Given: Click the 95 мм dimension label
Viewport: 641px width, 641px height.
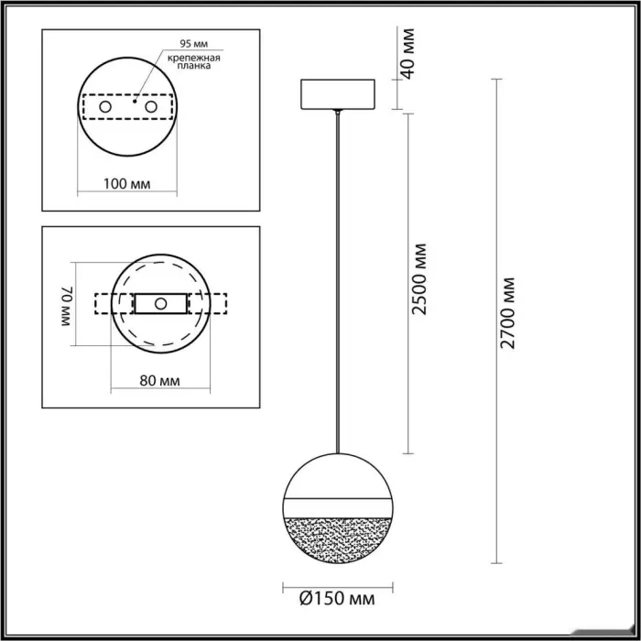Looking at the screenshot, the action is click(194, 44).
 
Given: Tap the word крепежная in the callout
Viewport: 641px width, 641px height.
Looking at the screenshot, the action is click(194, 58).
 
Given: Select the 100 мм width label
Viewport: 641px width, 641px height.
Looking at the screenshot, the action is click(126, 184).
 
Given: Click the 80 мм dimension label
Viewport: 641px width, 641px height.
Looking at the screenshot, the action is click(160, 381).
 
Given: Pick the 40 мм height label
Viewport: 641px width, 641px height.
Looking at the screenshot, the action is click(407, 53).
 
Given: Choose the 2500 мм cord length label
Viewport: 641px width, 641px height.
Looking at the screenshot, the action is click(419, 279).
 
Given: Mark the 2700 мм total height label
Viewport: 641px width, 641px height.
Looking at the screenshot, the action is click(507, 313).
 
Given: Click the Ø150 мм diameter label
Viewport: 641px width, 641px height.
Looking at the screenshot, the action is click(337, 599).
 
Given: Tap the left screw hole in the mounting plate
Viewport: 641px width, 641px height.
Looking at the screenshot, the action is click(105, 107).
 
